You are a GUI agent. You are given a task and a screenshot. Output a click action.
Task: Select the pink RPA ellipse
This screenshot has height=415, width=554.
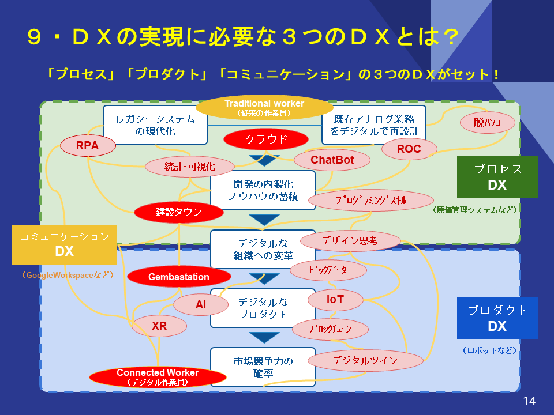[x=88, y=146]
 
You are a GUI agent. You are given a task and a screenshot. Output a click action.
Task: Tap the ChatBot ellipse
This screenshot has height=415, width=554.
[x=332, y=160]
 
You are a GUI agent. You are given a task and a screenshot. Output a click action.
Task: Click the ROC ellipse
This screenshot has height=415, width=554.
[x=409, y=149]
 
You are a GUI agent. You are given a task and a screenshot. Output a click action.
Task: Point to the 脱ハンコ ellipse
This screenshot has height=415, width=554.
[x=486, y=122]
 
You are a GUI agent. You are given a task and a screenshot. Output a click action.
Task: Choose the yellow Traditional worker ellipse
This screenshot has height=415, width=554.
[x=264, y=108]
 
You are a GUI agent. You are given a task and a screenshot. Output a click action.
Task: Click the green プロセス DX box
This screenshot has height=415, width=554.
[x=497, y=177]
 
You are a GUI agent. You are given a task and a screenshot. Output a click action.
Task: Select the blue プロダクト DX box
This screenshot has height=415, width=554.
[x=497, y=318]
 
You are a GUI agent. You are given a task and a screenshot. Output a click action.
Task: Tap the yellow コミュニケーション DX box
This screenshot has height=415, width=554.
[x=64, y=244]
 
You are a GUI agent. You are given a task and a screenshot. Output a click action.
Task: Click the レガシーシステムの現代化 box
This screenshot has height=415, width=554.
[x=155, y=125]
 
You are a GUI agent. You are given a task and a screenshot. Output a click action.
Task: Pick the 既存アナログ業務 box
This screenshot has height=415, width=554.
[x=373, y=125]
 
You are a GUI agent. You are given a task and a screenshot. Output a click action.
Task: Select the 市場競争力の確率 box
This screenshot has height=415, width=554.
[x=263, y=367]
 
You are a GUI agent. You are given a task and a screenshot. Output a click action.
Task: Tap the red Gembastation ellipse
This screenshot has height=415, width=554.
[x=178, y=277]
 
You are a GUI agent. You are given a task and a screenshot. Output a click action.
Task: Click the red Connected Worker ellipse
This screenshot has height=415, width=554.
[x=158, y=376]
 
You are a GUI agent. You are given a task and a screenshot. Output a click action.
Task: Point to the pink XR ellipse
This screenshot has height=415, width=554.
[x=159, y=326]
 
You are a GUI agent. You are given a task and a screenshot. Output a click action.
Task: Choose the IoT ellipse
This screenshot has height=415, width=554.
[x=335, y=299]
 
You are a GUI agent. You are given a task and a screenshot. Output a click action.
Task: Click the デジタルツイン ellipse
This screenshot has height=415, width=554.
[x=365, y=360]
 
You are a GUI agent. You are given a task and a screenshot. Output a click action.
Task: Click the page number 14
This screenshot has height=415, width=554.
[x=529, y=401]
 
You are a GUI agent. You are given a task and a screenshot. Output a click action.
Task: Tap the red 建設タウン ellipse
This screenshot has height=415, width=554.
[x=178, y=212]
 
